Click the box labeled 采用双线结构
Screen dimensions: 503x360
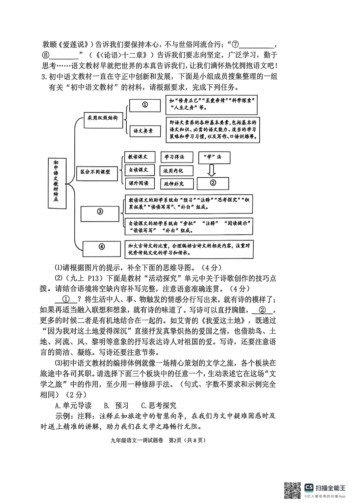[x=103, y=118]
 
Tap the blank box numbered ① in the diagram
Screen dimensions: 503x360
[x=145, y=105]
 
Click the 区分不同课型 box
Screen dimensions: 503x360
[x=97, y=173]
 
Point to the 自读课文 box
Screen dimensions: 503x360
[x=139, y=170]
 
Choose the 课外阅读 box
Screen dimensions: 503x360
[x=139, y=183]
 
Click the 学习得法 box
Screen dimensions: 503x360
[x=179, y=157]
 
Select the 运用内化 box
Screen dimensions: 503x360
[x=176, y=171]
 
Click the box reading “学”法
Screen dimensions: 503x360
[x=214, y=157]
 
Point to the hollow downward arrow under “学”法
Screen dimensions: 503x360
[x=211, y=170]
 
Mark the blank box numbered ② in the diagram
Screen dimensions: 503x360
[x=213, y=183]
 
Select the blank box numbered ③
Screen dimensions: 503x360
[x=100, y=213]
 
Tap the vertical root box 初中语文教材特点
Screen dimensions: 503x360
[x=56, y=183]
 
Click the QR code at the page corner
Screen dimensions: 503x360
[x=293, y=490]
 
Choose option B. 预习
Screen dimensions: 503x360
[x=116, y=405]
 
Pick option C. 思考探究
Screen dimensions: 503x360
[x=159, y=405]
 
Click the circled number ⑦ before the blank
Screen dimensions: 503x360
[x=235, y=44]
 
